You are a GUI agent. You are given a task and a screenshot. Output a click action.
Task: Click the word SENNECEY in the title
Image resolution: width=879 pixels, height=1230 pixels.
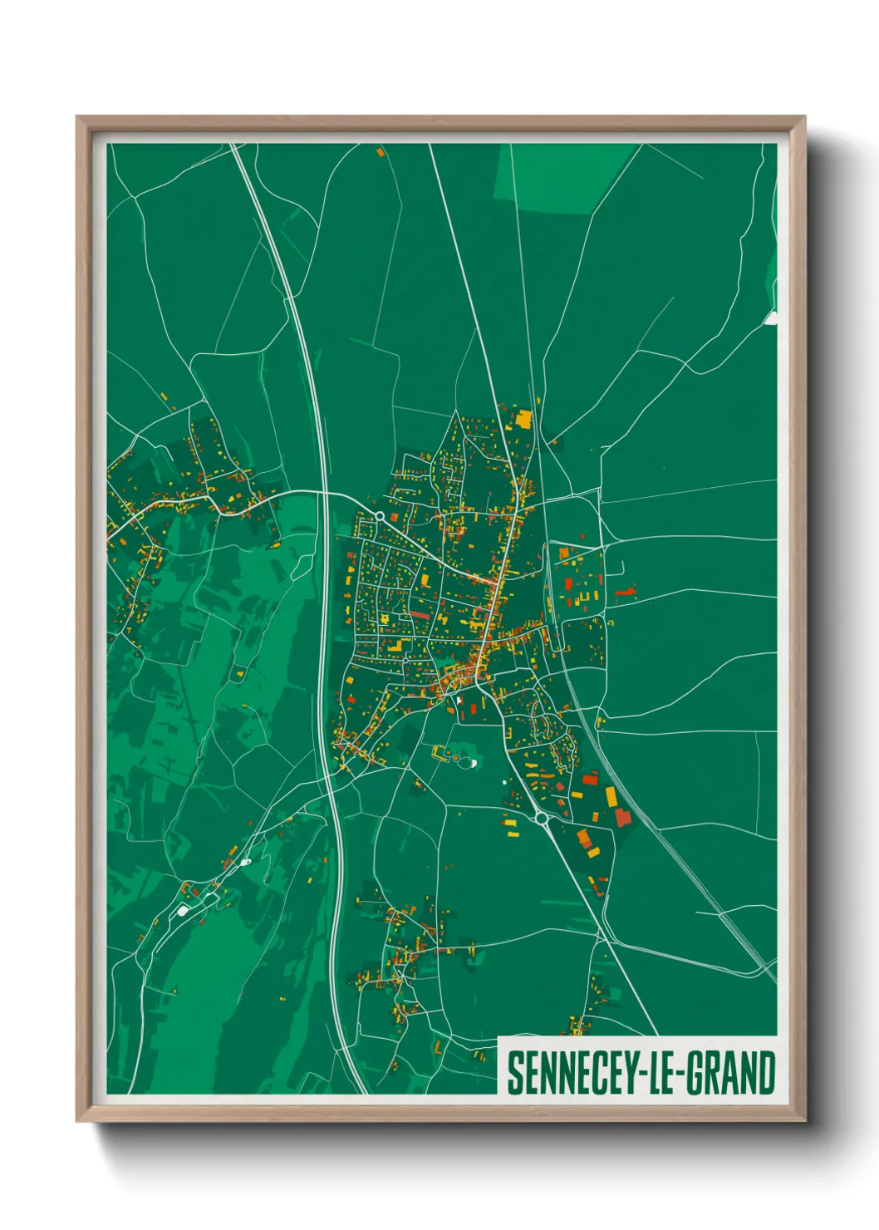(571, 1074)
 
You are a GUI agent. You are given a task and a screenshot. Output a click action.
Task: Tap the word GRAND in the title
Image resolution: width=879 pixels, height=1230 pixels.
(732, 1074)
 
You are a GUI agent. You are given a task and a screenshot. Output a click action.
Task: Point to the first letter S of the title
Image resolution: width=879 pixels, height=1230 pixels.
(515, 1074)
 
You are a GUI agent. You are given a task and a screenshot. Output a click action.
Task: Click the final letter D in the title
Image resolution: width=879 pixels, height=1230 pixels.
(766, 1074)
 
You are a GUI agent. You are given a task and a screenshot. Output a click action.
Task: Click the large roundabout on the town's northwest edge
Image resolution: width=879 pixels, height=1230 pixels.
(380, 516)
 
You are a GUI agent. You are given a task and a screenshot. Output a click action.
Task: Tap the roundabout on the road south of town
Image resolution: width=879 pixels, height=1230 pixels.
(542, 819)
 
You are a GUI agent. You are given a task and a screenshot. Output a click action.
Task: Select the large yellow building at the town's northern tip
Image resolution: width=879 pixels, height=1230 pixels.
(523, 418)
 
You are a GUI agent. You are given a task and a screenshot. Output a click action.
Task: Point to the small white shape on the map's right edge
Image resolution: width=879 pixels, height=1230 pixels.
(771, 317)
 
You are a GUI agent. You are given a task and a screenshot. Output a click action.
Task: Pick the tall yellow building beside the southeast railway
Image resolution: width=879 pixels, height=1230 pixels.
(611, 797)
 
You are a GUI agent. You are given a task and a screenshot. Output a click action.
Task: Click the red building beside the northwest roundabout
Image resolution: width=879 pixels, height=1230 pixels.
(395, 495)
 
